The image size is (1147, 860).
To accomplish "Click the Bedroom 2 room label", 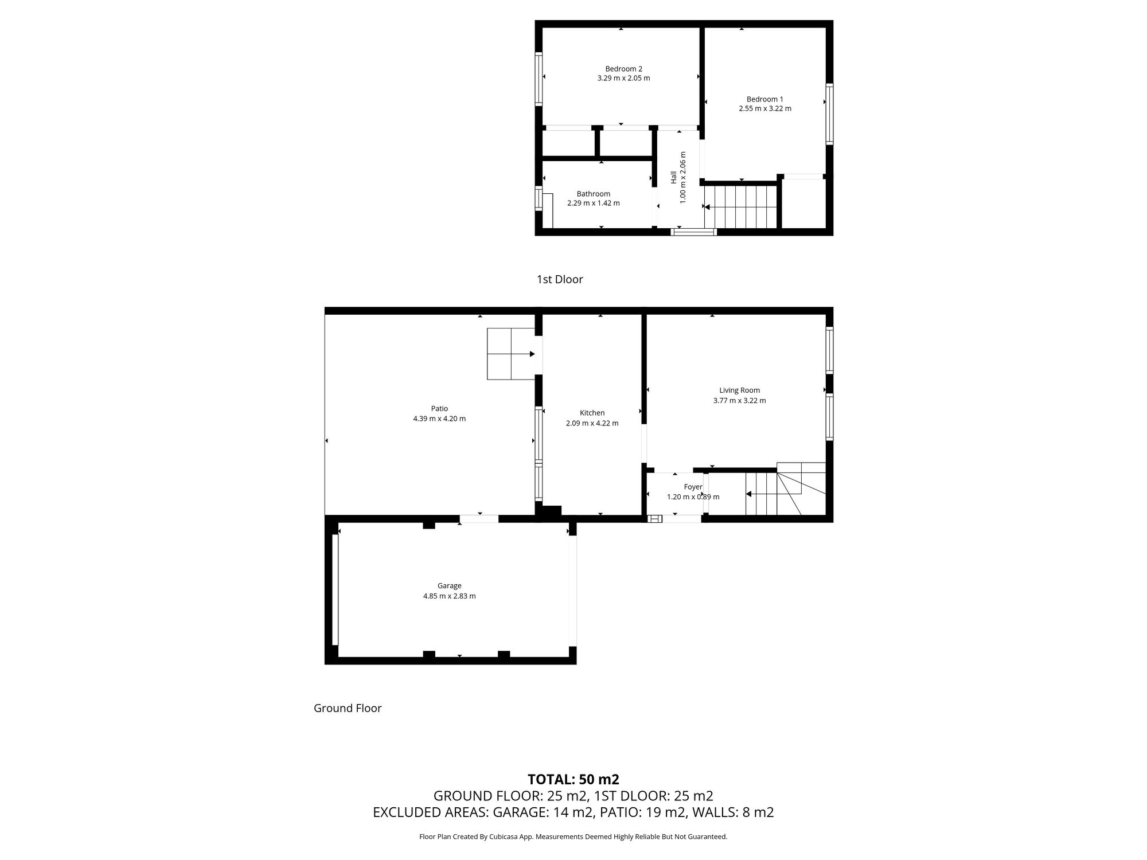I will (x=623, y=69).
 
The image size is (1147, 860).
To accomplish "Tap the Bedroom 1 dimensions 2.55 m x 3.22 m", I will (x=764, y=108).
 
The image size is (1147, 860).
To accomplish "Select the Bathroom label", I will (x=593, y=194).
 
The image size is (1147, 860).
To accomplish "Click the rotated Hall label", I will (x=674, y=177).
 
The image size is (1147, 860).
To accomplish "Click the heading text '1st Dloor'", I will (x=560, y=279).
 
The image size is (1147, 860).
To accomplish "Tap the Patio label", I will (x=439, y=408).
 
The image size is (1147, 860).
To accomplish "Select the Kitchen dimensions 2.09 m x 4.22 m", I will (x=592, y=423).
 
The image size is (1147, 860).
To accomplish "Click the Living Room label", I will (x=739, y=390).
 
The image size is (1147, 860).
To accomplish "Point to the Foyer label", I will (x=693, y=487).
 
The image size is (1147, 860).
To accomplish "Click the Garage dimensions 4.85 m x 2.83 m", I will (x=449, y=596).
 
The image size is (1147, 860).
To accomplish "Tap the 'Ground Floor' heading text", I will (x=348, y=708).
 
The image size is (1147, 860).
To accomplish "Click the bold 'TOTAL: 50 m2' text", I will (x=573, y=779).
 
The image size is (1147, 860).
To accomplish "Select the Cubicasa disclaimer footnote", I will (x=573, y=836).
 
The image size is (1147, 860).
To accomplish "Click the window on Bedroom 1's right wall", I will (x=829, y=114).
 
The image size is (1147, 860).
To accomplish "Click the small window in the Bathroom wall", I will (x=539, y=198).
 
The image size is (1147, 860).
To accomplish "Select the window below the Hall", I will (x=693, y=232).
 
